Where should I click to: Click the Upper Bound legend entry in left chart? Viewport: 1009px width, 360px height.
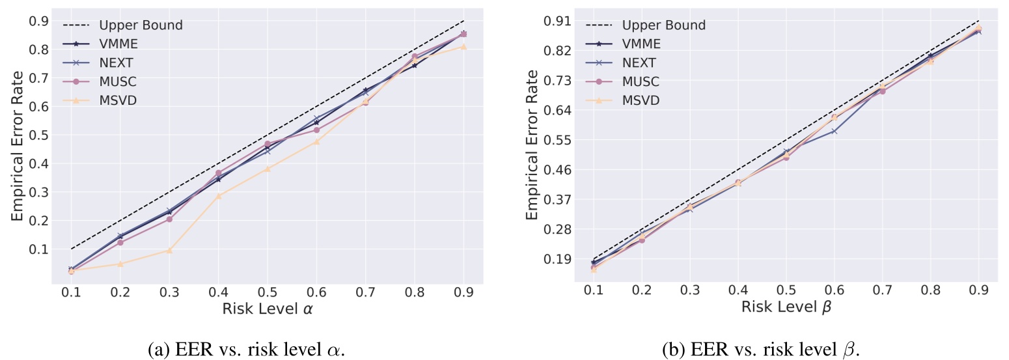(x=141, y=26)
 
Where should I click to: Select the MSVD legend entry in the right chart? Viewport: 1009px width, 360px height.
(x=641, y=100)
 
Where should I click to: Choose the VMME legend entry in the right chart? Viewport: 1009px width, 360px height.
(x=641, y=44)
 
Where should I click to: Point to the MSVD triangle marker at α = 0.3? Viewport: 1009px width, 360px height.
(x=169, y=251)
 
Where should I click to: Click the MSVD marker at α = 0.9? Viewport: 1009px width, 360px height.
(x=463, y=46)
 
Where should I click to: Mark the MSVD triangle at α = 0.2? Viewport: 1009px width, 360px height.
(x=120, y=264)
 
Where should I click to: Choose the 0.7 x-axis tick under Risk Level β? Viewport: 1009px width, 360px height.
(x=882, y=292)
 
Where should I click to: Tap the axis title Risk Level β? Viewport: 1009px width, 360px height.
(x=786, y=309)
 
